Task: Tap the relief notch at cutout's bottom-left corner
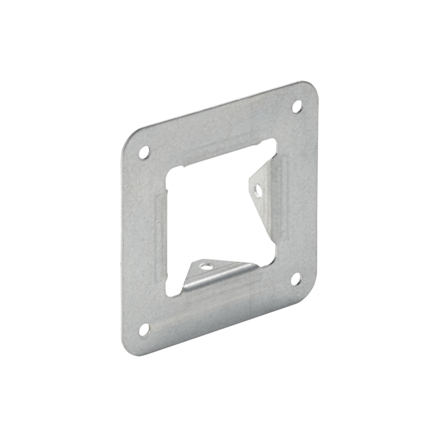(x=169, y=291)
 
